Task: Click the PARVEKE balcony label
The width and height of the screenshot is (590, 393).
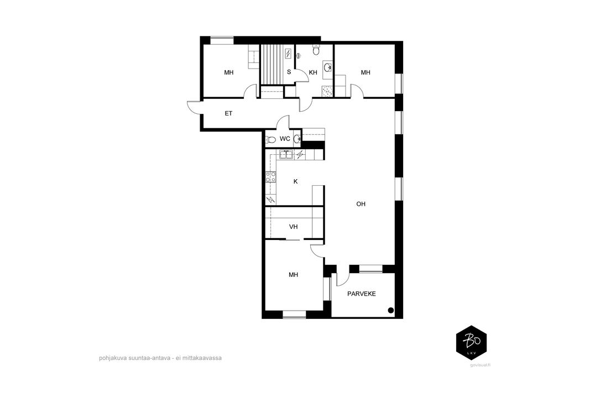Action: [361, 294]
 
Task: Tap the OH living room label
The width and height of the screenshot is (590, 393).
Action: [361, 204]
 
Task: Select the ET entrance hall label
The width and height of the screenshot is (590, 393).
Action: [228, 113]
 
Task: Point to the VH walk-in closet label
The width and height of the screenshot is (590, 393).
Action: [294, 227]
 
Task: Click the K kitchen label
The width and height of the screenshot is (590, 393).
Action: [296, 182]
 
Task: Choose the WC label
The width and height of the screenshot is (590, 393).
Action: [285, 139]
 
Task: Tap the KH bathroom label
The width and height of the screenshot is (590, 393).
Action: [313, 72]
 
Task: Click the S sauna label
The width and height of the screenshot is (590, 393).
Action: [289, 72]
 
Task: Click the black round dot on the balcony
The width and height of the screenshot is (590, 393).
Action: [390, 310]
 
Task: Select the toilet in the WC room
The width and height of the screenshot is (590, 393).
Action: [270, 139]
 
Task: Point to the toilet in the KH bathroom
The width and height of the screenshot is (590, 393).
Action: [316, 49]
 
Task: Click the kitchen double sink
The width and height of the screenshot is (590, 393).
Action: [286, 154]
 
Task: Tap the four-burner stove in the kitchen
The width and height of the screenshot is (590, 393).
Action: [270, 177]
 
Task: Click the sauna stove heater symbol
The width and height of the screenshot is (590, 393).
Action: [288, 54]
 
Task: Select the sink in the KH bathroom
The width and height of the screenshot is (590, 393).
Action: [328, 67]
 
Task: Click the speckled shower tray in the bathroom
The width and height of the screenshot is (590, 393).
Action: [328, 91]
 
